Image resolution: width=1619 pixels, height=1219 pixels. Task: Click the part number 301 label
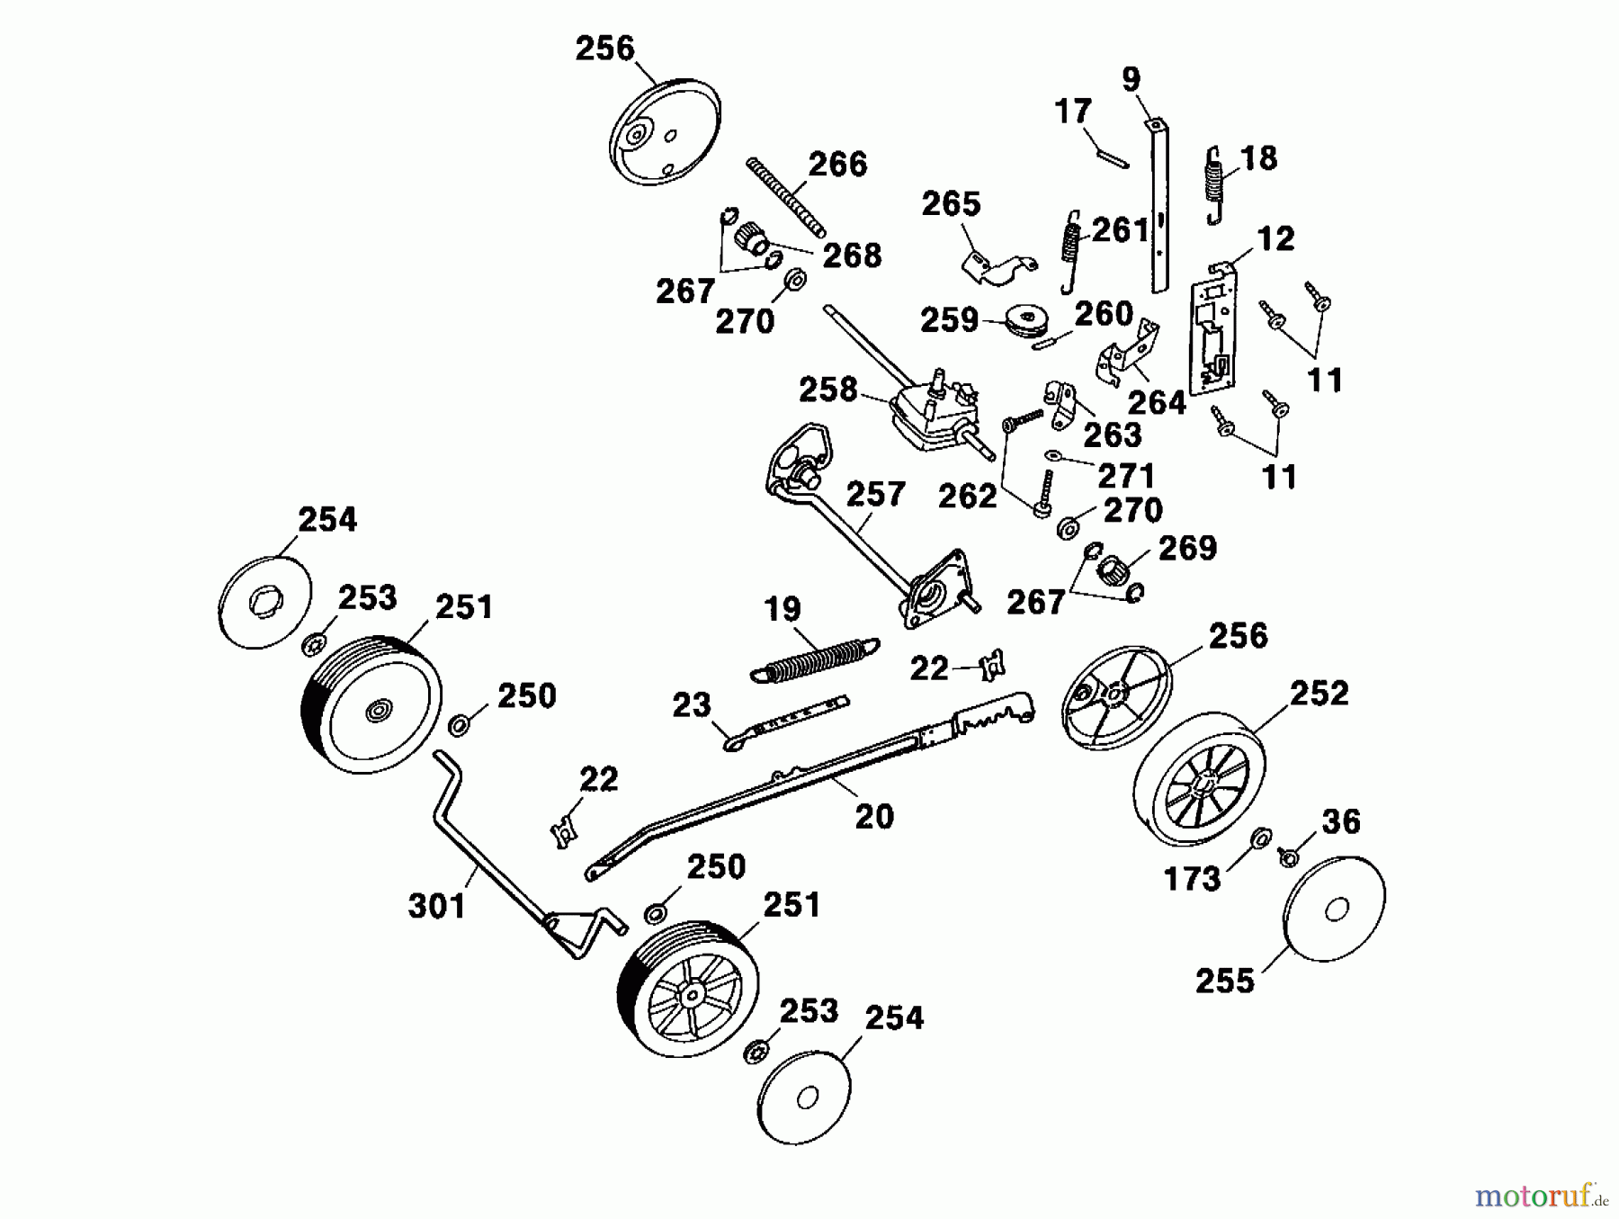coord(437,905)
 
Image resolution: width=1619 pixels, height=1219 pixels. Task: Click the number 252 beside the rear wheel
coord(1319,693)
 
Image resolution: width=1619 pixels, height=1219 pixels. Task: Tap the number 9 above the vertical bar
coord(1131,79)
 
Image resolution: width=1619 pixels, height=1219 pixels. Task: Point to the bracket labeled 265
coord(997,264)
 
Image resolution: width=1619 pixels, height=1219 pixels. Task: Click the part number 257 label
coord(875,494)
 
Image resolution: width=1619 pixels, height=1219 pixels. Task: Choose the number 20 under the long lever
coord(873,817)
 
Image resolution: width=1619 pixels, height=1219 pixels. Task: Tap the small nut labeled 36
coord(1288,857)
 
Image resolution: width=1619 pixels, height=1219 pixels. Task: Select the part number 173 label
coord(1192,878)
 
